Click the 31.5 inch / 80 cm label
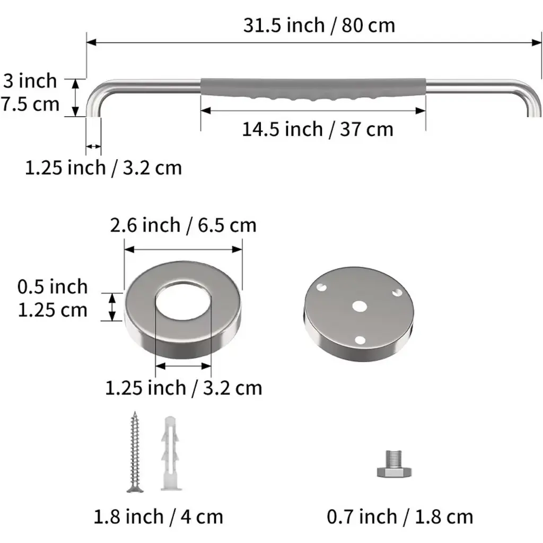pyautogui.click(x=319, y=25)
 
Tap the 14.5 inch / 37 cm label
pyautogui.click(x=318, y=129)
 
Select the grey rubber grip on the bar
pyautogui.click(x=313, y=89)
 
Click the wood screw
pyautogui.click(x=135, y=452)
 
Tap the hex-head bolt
pyautogui.click(x=395, y=464)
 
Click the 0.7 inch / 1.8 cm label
pyautogui.click(x=400, y=517)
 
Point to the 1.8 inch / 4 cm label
pyautogui.click(x=158, y=517)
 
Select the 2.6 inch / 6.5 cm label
pyautogui.click(x=183, y=225)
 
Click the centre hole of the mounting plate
pyautogui.click(x=360, y=306)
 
